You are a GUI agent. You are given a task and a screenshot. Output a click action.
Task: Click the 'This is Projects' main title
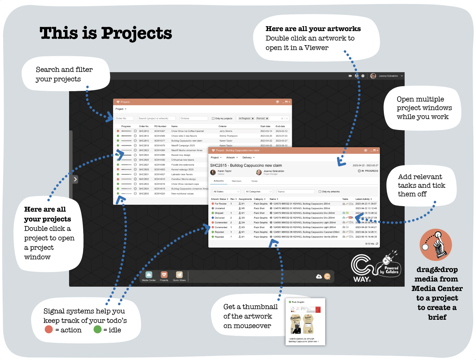(106, 33)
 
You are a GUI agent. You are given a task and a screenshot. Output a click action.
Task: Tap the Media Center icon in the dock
(149, 275)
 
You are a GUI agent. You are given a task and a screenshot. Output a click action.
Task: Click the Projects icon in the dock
(164, 275)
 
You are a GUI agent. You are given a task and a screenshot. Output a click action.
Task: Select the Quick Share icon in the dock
(179, 275)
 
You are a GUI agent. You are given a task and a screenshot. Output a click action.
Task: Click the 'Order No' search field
(124, 118)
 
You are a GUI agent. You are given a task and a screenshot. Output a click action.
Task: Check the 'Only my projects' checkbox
(213, 118)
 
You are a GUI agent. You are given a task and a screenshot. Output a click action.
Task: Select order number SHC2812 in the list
(144, 131)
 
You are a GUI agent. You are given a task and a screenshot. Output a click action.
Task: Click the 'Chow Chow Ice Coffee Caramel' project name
(187, 131)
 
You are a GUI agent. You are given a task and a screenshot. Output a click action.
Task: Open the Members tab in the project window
(237, 181)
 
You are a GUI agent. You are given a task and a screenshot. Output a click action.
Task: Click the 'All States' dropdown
(226, 192)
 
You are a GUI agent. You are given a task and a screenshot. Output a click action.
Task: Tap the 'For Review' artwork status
(220, 204)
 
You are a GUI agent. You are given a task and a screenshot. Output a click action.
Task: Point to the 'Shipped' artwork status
(219, 213)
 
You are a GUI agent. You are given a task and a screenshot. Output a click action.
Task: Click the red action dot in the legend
(49, 330)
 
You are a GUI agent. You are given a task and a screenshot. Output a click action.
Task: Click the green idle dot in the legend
(98, 330)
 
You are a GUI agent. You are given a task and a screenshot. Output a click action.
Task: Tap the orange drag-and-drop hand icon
(436, 245)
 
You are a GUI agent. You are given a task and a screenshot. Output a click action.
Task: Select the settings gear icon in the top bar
(363, 76)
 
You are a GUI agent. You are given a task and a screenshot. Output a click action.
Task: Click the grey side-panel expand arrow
(75, 179)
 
